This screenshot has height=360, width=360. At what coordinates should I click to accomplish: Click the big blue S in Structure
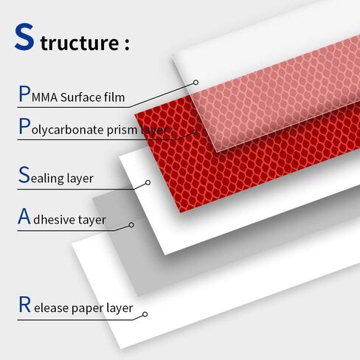pyautogui.click(x=24, y=37)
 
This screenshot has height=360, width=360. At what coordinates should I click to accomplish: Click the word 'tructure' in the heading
pyautogui.click(x=80, y=42)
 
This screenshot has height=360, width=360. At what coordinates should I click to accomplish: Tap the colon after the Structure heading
pyautogui.click(x=127, y=44)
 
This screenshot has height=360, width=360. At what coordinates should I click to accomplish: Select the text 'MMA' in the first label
pyautogui.click(x=44, y=97)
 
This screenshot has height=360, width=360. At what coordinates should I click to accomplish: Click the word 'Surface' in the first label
pyautogui.click(x=80, y=97)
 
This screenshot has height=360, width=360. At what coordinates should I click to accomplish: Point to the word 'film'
pyautogui.click(x=114, y=97)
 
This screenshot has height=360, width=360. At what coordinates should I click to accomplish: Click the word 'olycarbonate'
pyautogui.click(x=68, y=130)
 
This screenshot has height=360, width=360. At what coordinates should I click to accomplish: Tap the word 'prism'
pyautogui.click(x=122, y=131)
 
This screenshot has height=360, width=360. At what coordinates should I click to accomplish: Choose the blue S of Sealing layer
pyautogui.click(x=24, y=174)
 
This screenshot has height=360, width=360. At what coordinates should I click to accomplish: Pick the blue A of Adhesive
pyautogui.click(x=24, y=216)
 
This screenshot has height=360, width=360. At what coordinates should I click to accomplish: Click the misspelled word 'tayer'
pyautogui.click(x=91, y=220)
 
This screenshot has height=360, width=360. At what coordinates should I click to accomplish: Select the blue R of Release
pyautogui.click(x=25, y=304)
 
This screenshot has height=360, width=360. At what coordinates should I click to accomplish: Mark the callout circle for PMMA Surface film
pyautogui.click(x=195, y=83)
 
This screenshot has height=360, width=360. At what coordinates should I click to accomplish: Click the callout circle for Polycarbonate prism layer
pyautogui.click(x=195, y=132)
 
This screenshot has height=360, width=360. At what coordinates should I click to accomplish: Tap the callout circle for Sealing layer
pyautogui.click(x=148, y=182)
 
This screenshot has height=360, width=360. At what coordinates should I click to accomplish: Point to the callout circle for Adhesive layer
pyautogui.click(x=131, y=225)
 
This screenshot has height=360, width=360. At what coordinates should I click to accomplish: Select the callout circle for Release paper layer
pyautogui.click(x=145, y=314)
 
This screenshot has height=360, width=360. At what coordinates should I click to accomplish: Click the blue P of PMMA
pyautogui.click(x=24, y=94)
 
